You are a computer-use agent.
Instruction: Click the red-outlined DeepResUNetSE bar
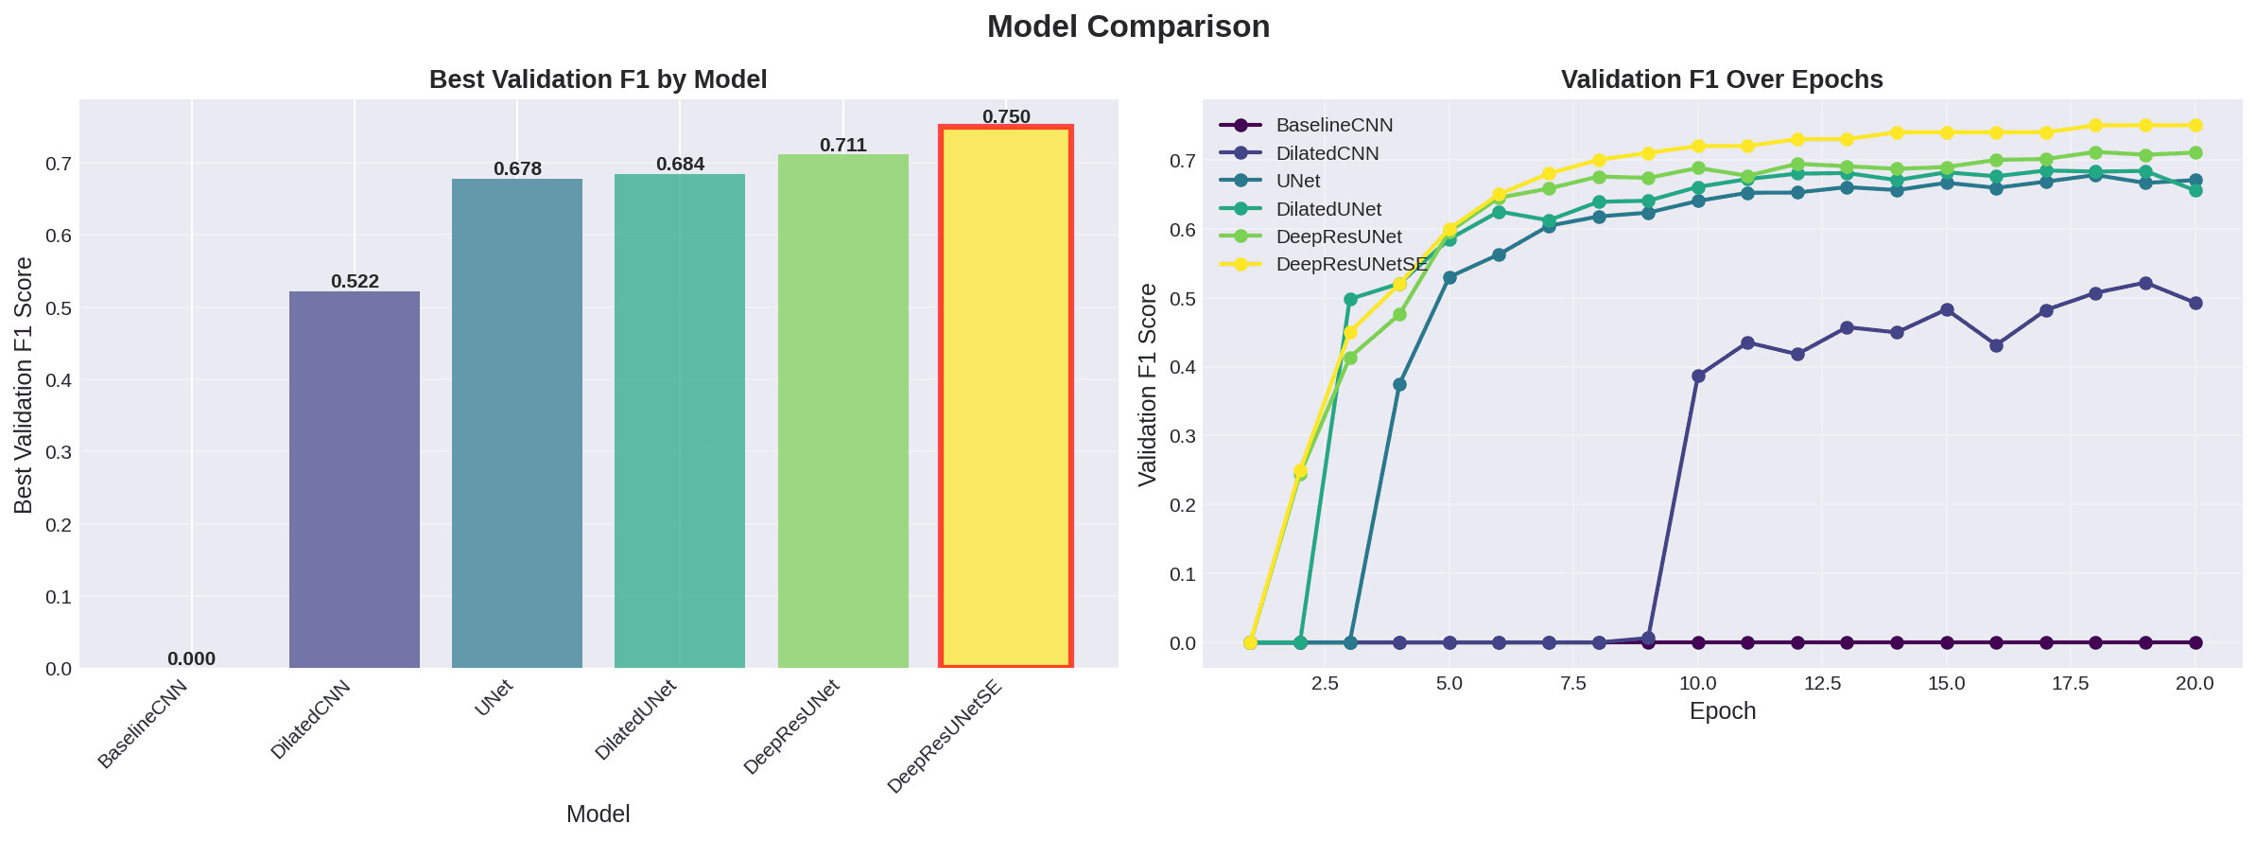1005,397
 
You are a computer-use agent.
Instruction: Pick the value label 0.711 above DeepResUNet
842,145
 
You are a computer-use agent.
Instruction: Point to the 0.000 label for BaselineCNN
191,659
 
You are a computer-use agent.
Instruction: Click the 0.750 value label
1006,116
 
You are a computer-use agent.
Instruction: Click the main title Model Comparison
1128,26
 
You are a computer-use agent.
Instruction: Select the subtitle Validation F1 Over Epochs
1722,79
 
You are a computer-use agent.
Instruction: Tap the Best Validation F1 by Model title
598,79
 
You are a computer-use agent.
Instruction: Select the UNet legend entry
1297,181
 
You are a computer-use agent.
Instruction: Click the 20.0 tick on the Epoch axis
2195,684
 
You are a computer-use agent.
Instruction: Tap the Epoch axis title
1722,711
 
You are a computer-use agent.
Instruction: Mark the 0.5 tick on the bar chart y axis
59,308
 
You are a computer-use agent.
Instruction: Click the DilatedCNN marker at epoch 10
1698,376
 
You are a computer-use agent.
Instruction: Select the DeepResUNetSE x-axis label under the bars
946,738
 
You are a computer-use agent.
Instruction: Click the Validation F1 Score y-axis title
1148,384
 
